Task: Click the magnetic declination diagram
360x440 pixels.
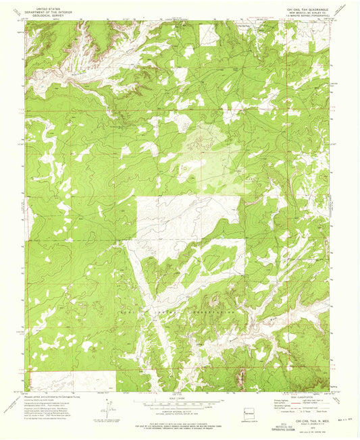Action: click(x=108, y=409)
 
